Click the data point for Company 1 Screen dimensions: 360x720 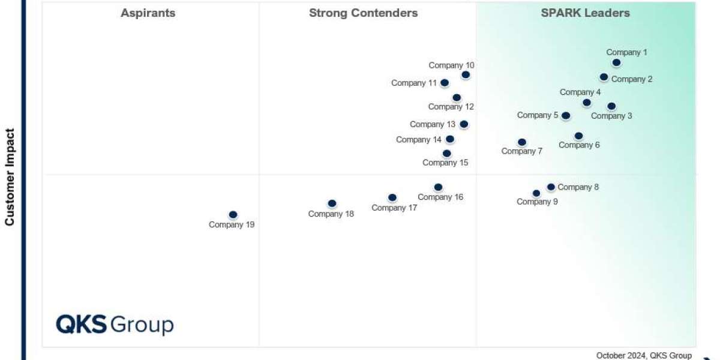[x=616, y=63]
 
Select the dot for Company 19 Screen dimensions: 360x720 [x=233, y=215]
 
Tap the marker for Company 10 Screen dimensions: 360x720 [x=466, y=75]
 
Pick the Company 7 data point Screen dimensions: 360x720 [x=522, y=142]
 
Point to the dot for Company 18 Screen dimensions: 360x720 [x=332, y=203]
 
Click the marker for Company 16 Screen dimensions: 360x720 [x=438, y=187]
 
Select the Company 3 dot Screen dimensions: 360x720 [x=611, y=106]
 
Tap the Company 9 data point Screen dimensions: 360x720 [x=536, y=193]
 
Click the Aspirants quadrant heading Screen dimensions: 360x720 [x=148, y=13]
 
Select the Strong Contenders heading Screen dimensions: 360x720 [x=364, y=13]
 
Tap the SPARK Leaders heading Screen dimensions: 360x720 [x=585, y=13]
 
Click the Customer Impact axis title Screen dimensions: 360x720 [x=10, y=177]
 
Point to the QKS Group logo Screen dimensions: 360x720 [x=115, y=325]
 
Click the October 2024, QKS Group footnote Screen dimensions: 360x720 [x=644, y=355]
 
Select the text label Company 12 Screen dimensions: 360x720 [x=451, y=107]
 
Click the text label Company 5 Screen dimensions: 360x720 [x=538, y=115]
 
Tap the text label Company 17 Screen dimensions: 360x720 [x=394, y=208]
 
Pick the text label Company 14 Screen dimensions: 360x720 [x=419, y=140]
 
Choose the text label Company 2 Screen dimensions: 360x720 [x=632, y=79]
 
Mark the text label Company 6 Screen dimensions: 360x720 [x=579, y=145]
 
